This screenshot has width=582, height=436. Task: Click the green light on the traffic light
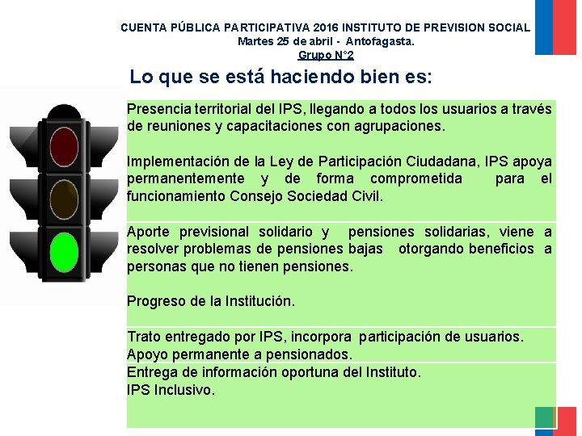click(63, 251)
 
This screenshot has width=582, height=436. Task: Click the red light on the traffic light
click(63, 146)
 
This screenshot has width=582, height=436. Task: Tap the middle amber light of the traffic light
click(63, 199)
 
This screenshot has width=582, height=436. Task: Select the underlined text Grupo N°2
click(326, 55)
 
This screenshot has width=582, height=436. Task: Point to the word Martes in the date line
click(255, 41)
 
